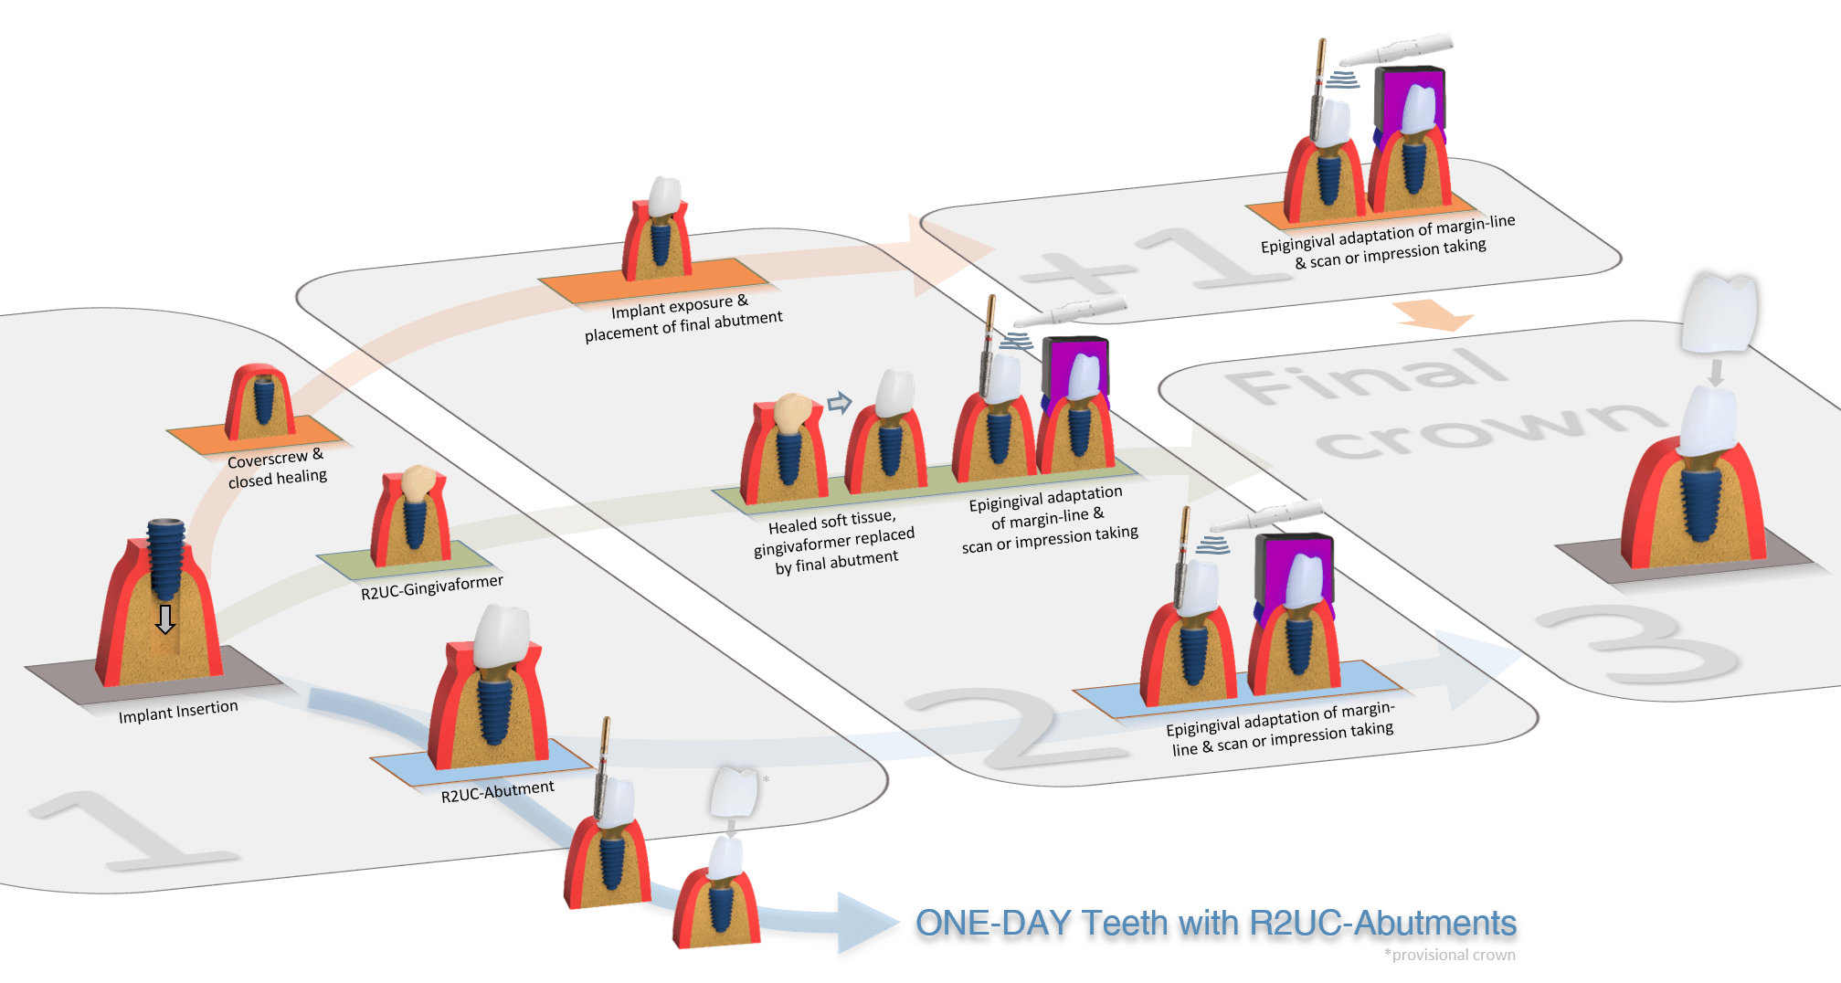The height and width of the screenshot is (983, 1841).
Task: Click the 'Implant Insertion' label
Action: tap(178, 711)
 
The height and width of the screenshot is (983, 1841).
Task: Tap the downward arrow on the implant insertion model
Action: tap(164, 618)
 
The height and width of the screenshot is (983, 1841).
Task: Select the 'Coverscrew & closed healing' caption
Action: tap(276, 468)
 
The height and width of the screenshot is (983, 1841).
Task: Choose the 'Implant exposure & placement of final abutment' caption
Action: tap(682, 317)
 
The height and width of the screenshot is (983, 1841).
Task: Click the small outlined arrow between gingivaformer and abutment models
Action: tap(839, 402)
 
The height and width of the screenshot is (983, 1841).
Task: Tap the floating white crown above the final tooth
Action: tap(1720, 311)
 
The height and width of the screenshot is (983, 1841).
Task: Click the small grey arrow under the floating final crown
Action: tap(1716, 371)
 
